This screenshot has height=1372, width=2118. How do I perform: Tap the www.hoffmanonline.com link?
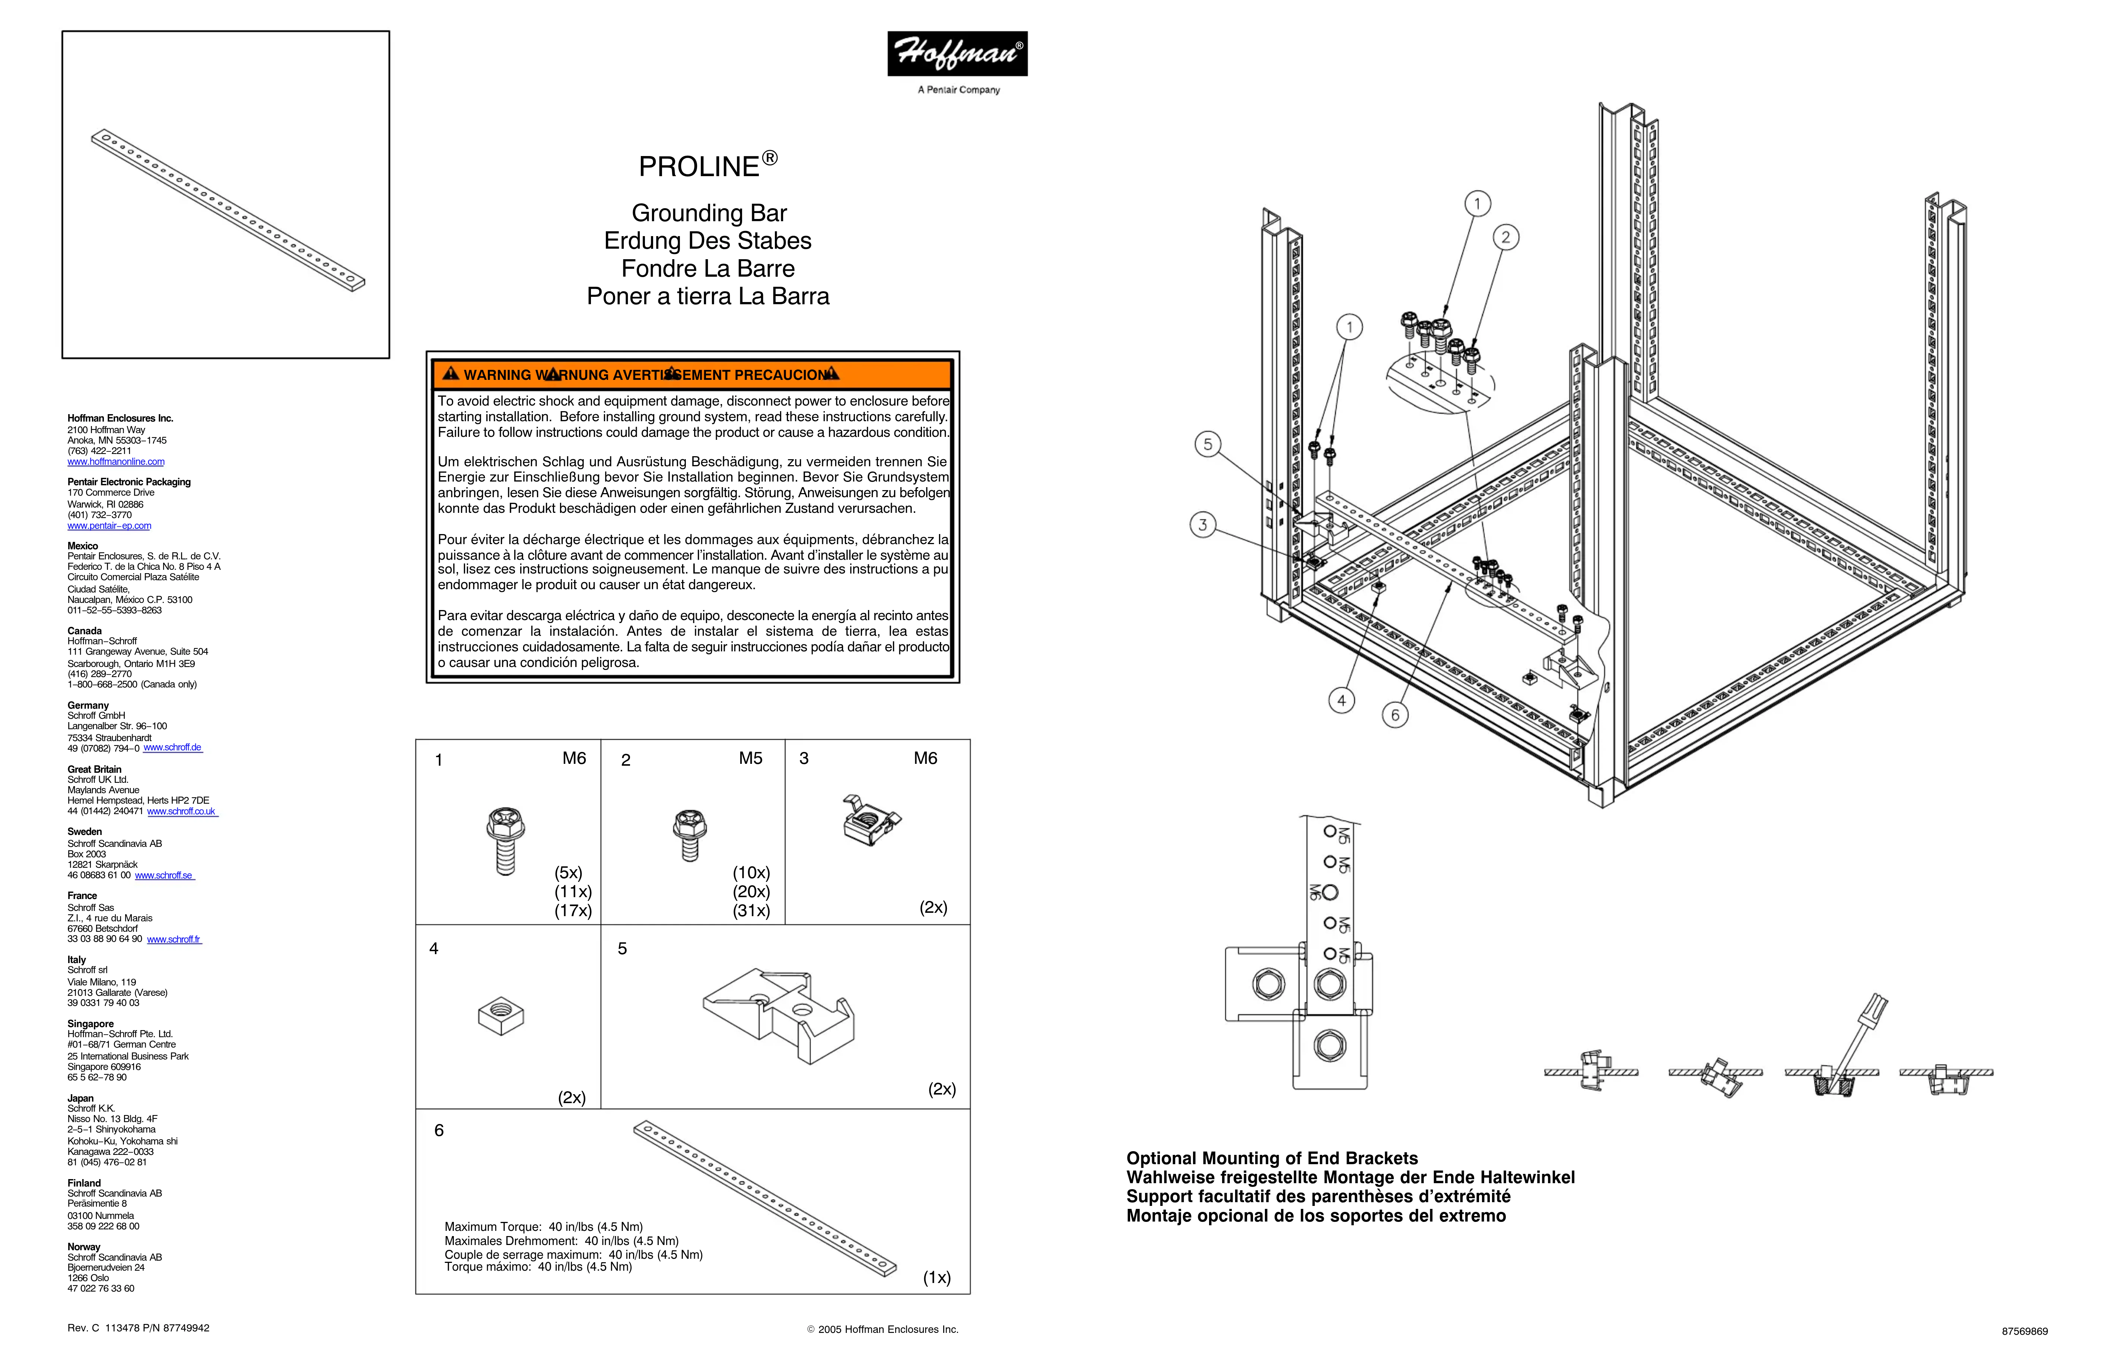(116, 462)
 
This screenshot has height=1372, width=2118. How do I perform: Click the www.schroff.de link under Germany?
(173, 748)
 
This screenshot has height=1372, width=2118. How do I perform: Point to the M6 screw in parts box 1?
(505, 841)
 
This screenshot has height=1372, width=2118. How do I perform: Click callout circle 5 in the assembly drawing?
(1208, 444)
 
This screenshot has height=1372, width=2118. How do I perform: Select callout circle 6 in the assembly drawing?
(1394, 715)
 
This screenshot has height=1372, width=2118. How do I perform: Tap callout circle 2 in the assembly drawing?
(1506, 237)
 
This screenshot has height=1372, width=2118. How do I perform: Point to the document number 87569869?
(2025, 1332)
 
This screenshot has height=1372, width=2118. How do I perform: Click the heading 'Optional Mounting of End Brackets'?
(1272, 1158)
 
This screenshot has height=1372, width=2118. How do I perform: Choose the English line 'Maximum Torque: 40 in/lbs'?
(543, 1227)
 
